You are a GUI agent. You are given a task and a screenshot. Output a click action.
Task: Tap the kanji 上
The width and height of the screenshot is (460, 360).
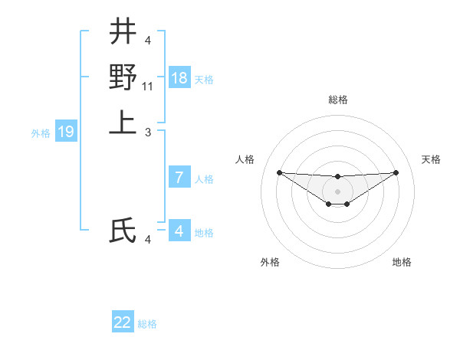tap(123, 122)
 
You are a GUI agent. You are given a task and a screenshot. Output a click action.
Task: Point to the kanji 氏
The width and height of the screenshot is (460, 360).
tap(123, 231)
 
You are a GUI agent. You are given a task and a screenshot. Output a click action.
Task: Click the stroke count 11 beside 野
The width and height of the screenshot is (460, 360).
tap(149, 87)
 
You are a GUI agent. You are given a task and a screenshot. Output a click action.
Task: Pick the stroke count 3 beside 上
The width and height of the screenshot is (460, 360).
tap(148, 133)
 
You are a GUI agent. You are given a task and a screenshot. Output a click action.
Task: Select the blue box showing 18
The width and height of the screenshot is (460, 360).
tap(179, 78)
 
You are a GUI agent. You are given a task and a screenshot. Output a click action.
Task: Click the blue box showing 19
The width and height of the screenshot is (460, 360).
tap(66, 133)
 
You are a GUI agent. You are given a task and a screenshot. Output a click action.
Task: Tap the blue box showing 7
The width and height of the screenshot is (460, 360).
tap(179, 178)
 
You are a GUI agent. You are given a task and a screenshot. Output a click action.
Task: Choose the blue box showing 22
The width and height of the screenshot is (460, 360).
tap(123, 322)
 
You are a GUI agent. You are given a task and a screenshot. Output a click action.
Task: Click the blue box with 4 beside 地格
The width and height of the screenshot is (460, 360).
tap(179, 231)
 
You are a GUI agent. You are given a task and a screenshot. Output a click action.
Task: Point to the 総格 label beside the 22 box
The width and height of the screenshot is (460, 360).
tap(147, 324)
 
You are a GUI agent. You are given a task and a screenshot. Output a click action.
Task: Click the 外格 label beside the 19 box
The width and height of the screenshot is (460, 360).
tap(41, 133)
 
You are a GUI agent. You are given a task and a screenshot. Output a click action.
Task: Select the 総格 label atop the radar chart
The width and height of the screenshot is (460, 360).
tap(337, 100)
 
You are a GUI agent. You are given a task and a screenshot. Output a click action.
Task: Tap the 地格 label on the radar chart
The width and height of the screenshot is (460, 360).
tap(402, 262)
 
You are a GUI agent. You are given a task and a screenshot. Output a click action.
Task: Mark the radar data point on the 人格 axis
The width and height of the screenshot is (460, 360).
tap(279, 172)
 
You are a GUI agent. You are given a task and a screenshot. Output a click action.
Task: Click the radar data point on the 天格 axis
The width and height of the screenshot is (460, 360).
tap(396, 172)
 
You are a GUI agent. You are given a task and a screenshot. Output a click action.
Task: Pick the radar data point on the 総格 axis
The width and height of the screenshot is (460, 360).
tap(337, 177)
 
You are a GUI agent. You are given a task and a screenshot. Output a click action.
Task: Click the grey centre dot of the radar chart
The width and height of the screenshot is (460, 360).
tap(337, 191)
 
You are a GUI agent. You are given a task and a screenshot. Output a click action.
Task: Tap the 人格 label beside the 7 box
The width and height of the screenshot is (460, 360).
tap(204, 179)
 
